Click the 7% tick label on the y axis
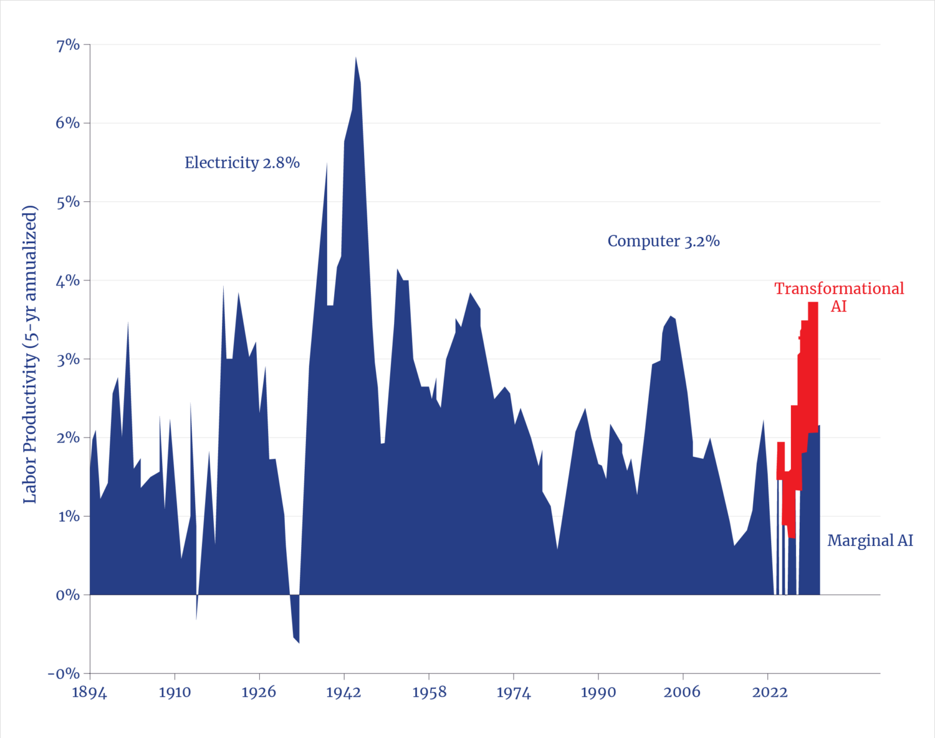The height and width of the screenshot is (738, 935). (x=68, y=45)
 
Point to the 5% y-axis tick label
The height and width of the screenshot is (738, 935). (x=68, y=202)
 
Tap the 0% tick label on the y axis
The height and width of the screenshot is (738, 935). (x=68, y=595)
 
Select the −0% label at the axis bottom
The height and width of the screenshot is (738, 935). (x=64, y=674)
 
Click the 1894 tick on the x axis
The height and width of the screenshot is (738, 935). (x=89, y=692)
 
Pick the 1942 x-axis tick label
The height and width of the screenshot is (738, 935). (x=343, y=692)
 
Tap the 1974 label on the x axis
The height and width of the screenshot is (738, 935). (x=513, y=692)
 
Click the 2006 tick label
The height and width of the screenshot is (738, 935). (x=683, y=692)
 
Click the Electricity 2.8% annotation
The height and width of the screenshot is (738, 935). (x=242, y=163)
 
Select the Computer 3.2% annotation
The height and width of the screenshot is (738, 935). (x=663, y=241)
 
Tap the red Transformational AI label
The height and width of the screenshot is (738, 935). (x=839, y=297)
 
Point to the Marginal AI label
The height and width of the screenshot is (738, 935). (x=870, y=541)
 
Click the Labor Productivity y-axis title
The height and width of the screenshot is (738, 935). (x=31, y=354)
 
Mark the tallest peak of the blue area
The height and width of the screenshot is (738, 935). (x=356, y=57)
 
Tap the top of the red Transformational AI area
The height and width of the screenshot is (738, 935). (x=813, y=304)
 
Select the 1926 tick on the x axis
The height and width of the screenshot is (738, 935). (x=259, y=692)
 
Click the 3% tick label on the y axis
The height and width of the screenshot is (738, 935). (x=68, y=360)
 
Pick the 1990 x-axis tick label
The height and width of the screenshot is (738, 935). (x=598, y=692)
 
